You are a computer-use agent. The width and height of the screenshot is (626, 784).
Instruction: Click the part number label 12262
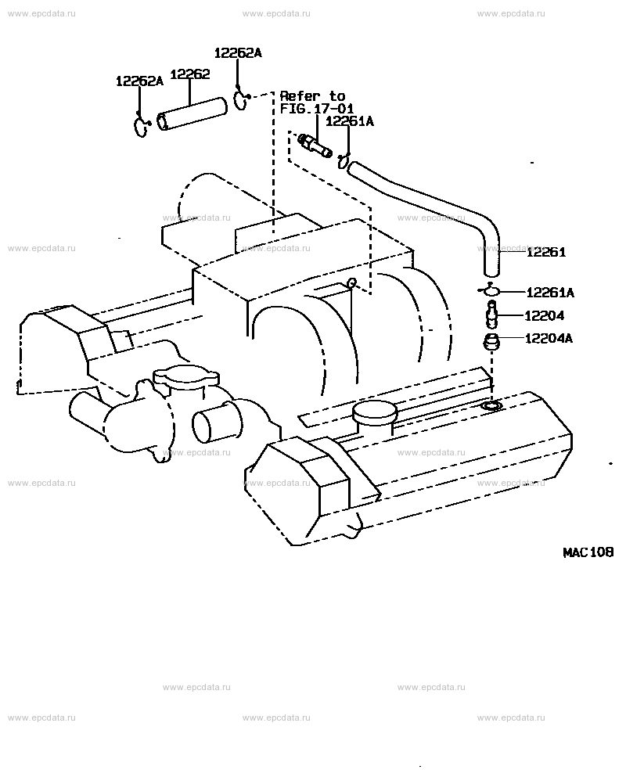(x=190, y=74)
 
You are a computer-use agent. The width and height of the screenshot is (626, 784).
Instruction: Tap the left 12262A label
(x=139, y=81)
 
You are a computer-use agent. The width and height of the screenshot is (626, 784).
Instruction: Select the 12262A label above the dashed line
(x=238, y=52)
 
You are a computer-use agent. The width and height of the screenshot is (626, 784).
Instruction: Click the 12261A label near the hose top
(x=350, y=121)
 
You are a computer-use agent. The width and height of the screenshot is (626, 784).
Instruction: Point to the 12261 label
(x=546, y=252)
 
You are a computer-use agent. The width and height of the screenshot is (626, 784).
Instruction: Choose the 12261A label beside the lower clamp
(x=550, y=293)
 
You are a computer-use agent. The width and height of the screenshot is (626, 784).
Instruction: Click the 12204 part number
(x=544, y=315)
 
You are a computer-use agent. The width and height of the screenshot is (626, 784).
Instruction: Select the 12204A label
(x=549, y=339)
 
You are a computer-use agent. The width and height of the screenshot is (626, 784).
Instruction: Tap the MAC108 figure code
(x=588, y=552)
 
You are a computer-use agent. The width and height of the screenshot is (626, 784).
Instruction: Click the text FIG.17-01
(x=316, y=109)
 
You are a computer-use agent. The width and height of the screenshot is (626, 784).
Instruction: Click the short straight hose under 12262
(x=192, y=114)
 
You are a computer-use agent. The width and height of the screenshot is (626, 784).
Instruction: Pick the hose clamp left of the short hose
(x=142, y=126)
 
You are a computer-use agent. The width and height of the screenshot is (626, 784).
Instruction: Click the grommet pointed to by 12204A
(x=491, y=343)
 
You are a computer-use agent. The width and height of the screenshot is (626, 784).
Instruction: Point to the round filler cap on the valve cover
(x=375, y=415)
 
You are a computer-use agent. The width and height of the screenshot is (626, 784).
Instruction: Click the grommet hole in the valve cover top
(x=491, y=405)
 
